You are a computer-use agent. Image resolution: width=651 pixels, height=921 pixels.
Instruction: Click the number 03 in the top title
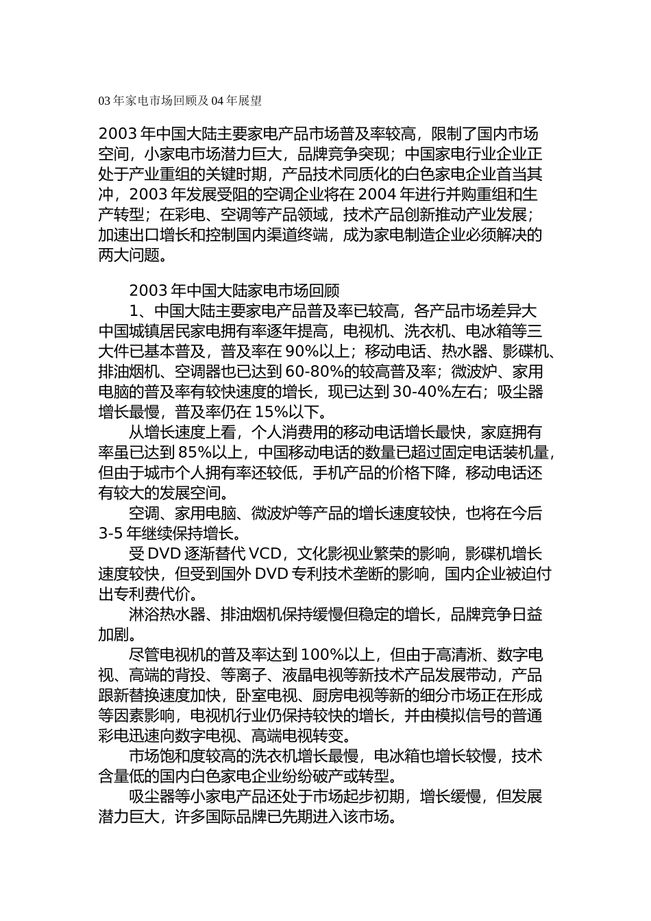(x=104, y=101)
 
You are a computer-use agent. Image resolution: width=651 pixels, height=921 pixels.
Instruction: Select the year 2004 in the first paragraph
(x=377, y=193)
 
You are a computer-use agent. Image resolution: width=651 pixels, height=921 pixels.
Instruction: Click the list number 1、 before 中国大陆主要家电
(x=141, y=311)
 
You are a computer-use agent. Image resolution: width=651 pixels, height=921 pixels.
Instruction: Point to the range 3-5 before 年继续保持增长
(x=110, y=533)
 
